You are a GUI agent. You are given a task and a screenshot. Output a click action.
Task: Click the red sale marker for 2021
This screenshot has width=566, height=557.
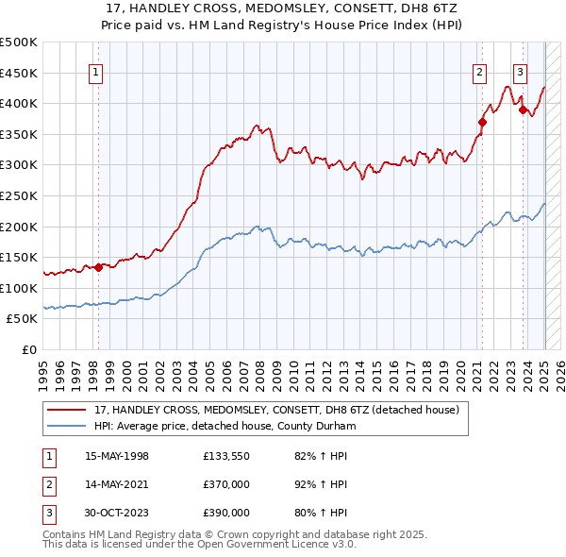(x=482, y=122)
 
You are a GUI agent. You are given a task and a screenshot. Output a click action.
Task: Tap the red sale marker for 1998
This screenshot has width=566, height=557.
(x=98, y=267)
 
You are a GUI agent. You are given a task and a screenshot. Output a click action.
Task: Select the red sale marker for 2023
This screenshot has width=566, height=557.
(x=523, y=110)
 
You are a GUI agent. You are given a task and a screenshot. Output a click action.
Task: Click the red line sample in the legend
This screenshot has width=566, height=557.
(x=68, y=410)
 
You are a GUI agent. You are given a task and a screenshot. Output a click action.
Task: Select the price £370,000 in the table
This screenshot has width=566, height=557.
(x=226, y=484)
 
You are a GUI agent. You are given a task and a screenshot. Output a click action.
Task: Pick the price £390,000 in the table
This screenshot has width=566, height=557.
(x=226, y=513)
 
